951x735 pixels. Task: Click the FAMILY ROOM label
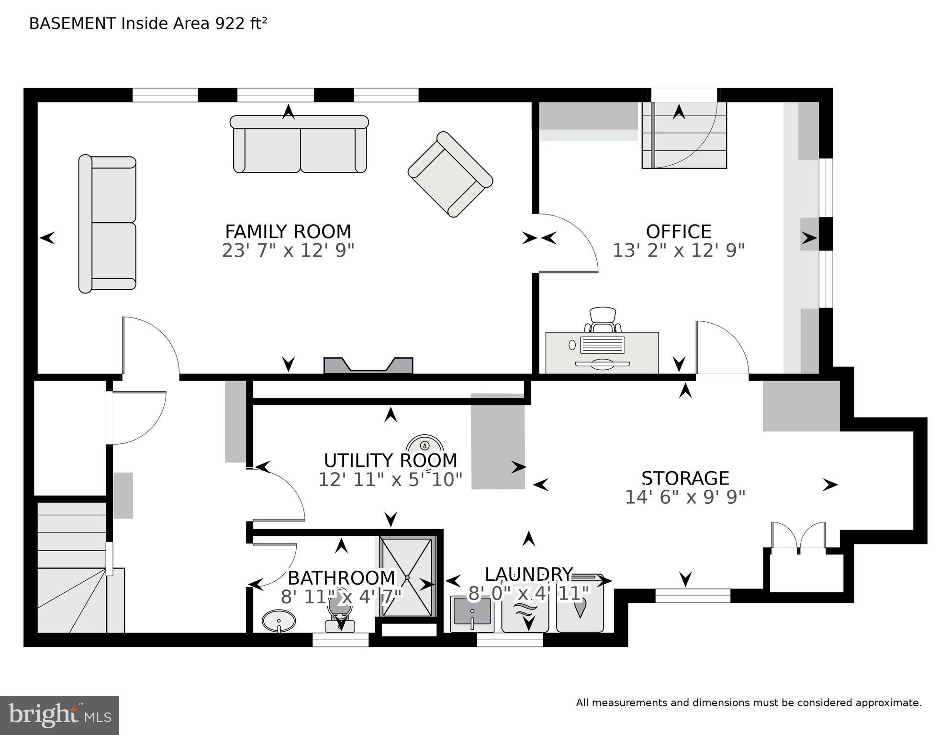tap(288, 232)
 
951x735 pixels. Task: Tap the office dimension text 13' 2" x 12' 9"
tap(678, 250)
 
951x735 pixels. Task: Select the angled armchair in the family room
tap(450, 174)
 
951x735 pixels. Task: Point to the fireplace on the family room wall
tap(368, 366)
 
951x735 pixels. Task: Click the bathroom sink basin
tap(279, 621)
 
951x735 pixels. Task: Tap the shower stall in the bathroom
tap(407, 577)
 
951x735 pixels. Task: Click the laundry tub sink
tap(472, 614)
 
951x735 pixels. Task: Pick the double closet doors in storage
tap(798, 536)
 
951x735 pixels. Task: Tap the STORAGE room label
tap(685, 478)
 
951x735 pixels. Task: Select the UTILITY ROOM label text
tap(390, 461)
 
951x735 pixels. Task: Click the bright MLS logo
tap(59, 715)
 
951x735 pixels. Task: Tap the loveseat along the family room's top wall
tap(299, 145)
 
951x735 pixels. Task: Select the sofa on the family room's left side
tap(108, 224)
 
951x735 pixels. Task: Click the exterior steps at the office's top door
tap(684, 136)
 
